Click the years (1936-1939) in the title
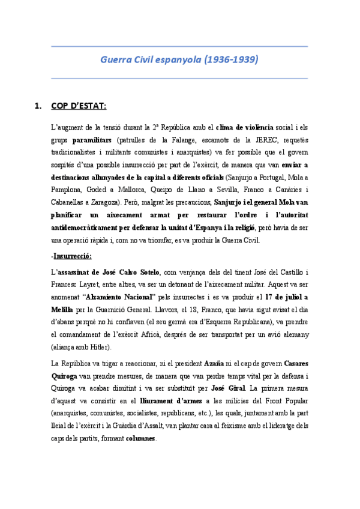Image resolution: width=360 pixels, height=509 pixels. point(232,60)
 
